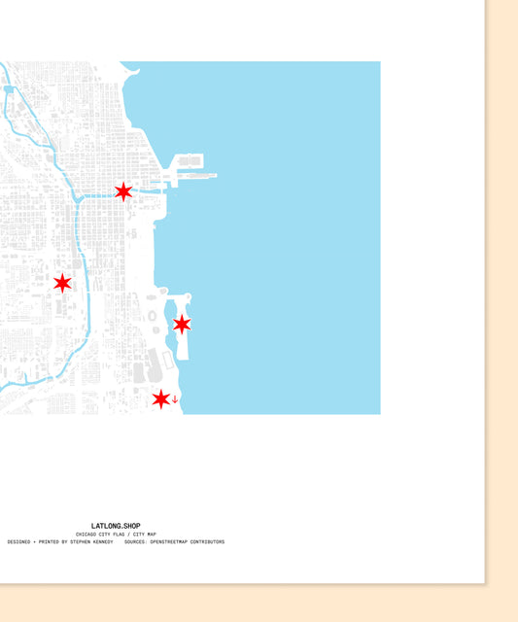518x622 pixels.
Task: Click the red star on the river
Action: point(123,191)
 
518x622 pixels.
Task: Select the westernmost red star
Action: point(62,283)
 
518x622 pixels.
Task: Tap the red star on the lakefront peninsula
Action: point(182,324)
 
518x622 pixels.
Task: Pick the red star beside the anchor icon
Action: point(161,398)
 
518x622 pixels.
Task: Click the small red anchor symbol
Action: point(175,399)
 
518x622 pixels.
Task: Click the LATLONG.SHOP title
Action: point(116,526)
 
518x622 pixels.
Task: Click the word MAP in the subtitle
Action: point(152,535)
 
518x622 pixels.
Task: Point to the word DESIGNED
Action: point(21,542)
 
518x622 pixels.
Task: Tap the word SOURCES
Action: point(135,542)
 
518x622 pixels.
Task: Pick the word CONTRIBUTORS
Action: point(208,542)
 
